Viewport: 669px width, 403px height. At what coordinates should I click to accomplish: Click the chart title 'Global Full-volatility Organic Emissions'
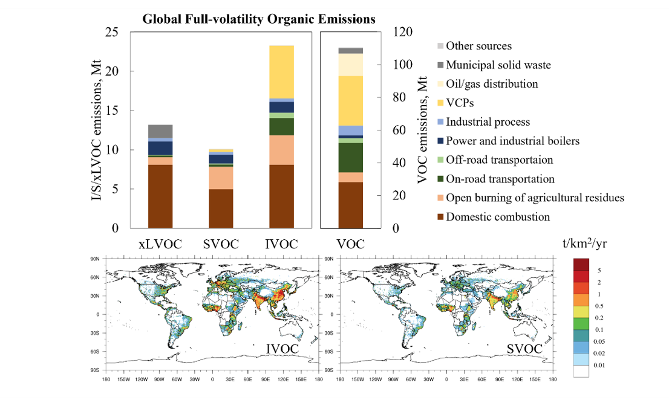(x=259, y=19)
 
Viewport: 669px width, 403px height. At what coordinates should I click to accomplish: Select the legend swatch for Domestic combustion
(x=440, y=217)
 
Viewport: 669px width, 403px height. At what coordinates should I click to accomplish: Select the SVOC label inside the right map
(x=524, y=349)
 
